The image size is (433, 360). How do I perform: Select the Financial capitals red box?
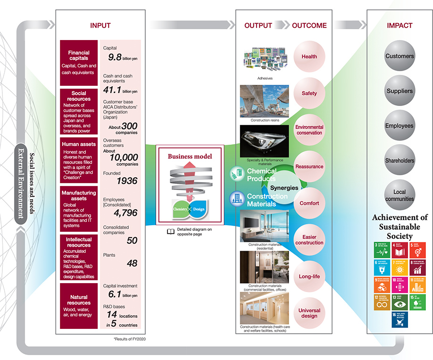click(79, 62)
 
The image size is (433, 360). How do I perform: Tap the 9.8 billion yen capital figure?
click(120, 57)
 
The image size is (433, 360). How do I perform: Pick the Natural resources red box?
click(79, 306)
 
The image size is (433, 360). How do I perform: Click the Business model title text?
click(190, 156)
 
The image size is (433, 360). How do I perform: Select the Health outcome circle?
click(309, 57)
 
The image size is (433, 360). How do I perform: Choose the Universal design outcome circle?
click(309, 313)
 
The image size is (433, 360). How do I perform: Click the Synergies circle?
click(284, 188)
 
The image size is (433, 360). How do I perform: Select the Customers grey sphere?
click(399, 56)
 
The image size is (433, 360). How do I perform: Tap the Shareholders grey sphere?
click(399, 161)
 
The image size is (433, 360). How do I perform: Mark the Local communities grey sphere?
click(399, 196)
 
